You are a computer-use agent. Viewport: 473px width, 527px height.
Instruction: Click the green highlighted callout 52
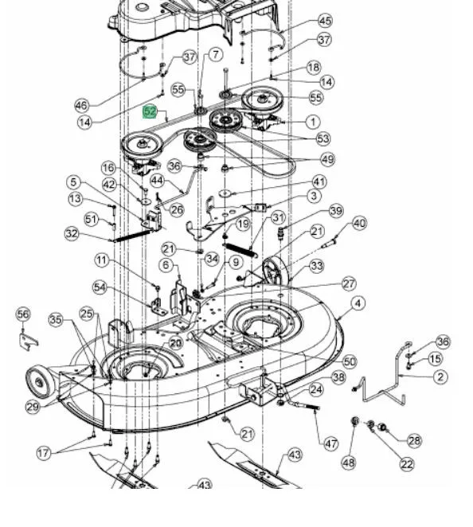click(x=150, y=111)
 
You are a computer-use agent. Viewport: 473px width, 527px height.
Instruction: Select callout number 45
click(x=325, y=21)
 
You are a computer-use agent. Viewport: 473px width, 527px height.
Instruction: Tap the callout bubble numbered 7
click(x=216, y=54)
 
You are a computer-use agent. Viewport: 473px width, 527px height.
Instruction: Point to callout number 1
click(x=313, y=122)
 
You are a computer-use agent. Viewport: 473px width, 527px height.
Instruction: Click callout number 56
click(x=23, y=314)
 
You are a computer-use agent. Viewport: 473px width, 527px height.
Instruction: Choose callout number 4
click(x=358, y=303)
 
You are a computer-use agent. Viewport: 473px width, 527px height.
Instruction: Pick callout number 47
click(x=330, y=444)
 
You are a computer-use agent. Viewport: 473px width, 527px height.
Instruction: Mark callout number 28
click(x=415, y=440)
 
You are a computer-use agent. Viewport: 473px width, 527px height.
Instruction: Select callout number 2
click(x=440, y=377)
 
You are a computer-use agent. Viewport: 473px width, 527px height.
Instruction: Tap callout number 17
click(x=44, y=453)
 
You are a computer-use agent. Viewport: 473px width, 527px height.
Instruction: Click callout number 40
click(x=359, y=223)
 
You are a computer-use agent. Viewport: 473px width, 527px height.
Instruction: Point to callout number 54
click(x=100, y=287)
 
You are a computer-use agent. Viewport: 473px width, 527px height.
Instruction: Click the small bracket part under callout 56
click(x=28, y=342)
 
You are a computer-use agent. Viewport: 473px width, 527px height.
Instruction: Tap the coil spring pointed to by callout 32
click(x=131, y=236)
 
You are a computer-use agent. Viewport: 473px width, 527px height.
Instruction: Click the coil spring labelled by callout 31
click(x=240, y=251)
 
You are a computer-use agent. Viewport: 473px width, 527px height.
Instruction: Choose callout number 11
click(x=102, y=260)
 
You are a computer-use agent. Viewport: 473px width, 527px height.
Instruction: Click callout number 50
click(x=350, y=361)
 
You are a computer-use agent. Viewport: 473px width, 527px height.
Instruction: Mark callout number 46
click(x=82, y=106)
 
